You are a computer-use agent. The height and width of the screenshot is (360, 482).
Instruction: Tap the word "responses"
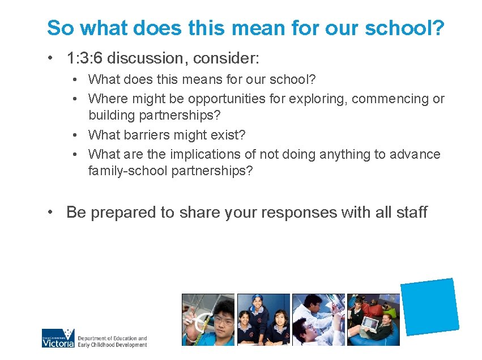click(x=295, y=213)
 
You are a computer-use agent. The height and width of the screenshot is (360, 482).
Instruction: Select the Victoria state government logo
click(x=58, y=338)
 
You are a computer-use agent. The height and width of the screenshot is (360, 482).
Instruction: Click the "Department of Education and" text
click(x=112, y=338)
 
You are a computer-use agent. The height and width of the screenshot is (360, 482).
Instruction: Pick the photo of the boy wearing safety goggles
click(x=207, y=319)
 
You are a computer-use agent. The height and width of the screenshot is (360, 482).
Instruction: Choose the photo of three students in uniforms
click(x=263, y=319)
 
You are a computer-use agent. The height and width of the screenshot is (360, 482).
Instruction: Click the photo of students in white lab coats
click(x=318, y=319)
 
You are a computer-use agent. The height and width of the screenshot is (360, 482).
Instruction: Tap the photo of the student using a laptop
click(x=373, y=319)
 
